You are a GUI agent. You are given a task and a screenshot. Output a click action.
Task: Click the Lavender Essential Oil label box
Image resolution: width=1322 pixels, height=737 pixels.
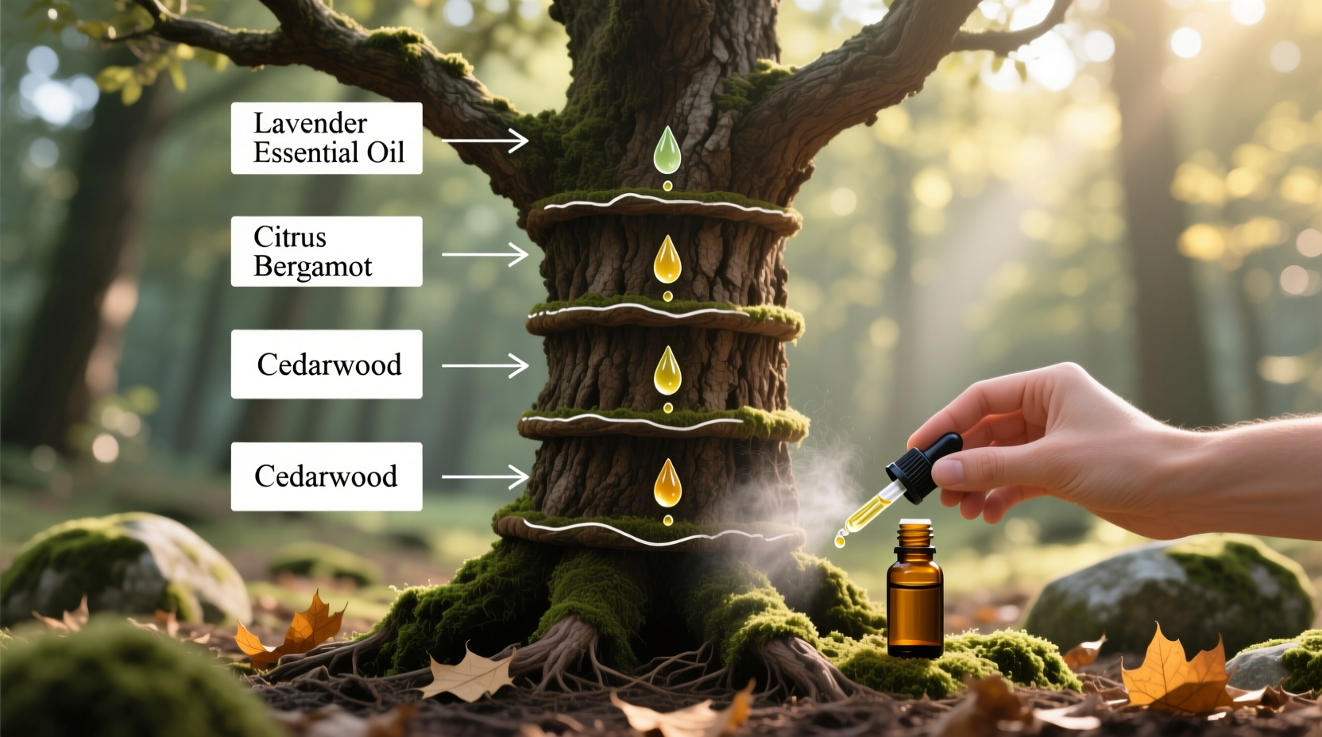tap(327, 138)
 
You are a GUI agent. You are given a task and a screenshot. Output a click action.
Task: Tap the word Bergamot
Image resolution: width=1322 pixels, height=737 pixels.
tap(312, 267)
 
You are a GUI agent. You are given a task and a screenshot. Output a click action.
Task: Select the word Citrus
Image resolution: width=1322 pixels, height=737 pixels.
tap(289, 237)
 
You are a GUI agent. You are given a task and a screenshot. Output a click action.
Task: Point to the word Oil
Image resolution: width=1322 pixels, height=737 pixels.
tap(385, 152)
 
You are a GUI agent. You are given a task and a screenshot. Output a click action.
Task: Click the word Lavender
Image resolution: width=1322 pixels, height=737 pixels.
tap(310, 123)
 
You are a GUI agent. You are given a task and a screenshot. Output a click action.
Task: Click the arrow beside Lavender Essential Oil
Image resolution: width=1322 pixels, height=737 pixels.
tap(485, 141)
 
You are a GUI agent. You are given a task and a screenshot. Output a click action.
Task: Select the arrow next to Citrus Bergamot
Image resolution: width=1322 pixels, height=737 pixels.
tap(485, 255)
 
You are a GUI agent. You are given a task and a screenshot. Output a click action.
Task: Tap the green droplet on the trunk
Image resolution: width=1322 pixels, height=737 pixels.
tap(667, 151)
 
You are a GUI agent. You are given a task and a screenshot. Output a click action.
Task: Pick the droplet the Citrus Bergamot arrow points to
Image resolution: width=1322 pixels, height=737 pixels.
tap(667, 260)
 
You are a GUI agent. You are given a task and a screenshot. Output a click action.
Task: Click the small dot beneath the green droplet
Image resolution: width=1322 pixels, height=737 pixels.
tap(667, 186)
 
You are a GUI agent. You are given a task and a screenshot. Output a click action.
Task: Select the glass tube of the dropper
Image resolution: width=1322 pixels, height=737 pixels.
tap(871, 508)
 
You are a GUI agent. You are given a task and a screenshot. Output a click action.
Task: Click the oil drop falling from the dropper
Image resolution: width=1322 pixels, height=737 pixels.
tap(839, 542)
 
